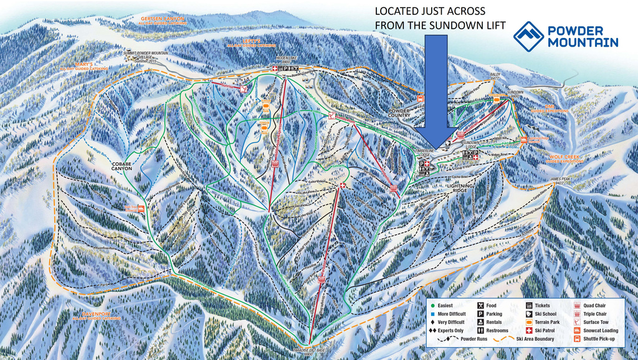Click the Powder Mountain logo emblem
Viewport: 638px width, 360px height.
529,36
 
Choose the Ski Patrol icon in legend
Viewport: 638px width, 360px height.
530,330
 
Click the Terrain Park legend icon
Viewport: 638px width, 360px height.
530,322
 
